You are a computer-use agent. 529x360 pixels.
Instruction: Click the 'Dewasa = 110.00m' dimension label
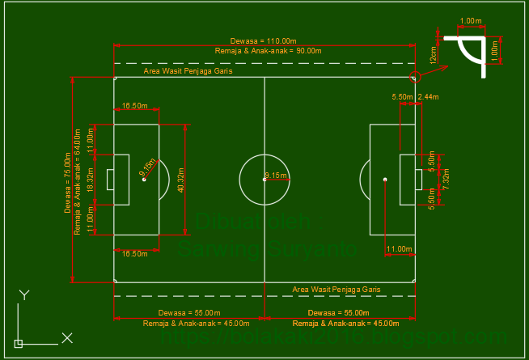[x=264, y=40]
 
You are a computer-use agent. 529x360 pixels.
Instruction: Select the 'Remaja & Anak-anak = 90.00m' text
[x=264, y=51]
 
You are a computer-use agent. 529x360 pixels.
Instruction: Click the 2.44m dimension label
[x=428, y=97]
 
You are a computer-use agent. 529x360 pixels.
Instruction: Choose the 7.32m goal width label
[x=446, y=179]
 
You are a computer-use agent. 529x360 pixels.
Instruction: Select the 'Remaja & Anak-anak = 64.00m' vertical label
[x=78, y=181]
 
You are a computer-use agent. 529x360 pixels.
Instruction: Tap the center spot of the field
[x=264, y=179]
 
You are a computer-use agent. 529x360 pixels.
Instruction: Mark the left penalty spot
[x=143, y=179]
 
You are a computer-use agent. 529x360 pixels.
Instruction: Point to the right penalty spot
[x=385, y=179]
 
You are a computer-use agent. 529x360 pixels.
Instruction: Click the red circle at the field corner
[x=415, y=78]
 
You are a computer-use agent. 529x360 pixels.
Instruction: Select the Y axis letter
[x=25, y=295]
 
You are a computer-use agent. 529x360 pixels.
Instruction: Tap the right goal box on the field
[x=417, y=179]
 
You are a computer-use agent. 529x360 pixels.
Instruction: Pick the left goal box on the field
[x=111, y=179]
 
